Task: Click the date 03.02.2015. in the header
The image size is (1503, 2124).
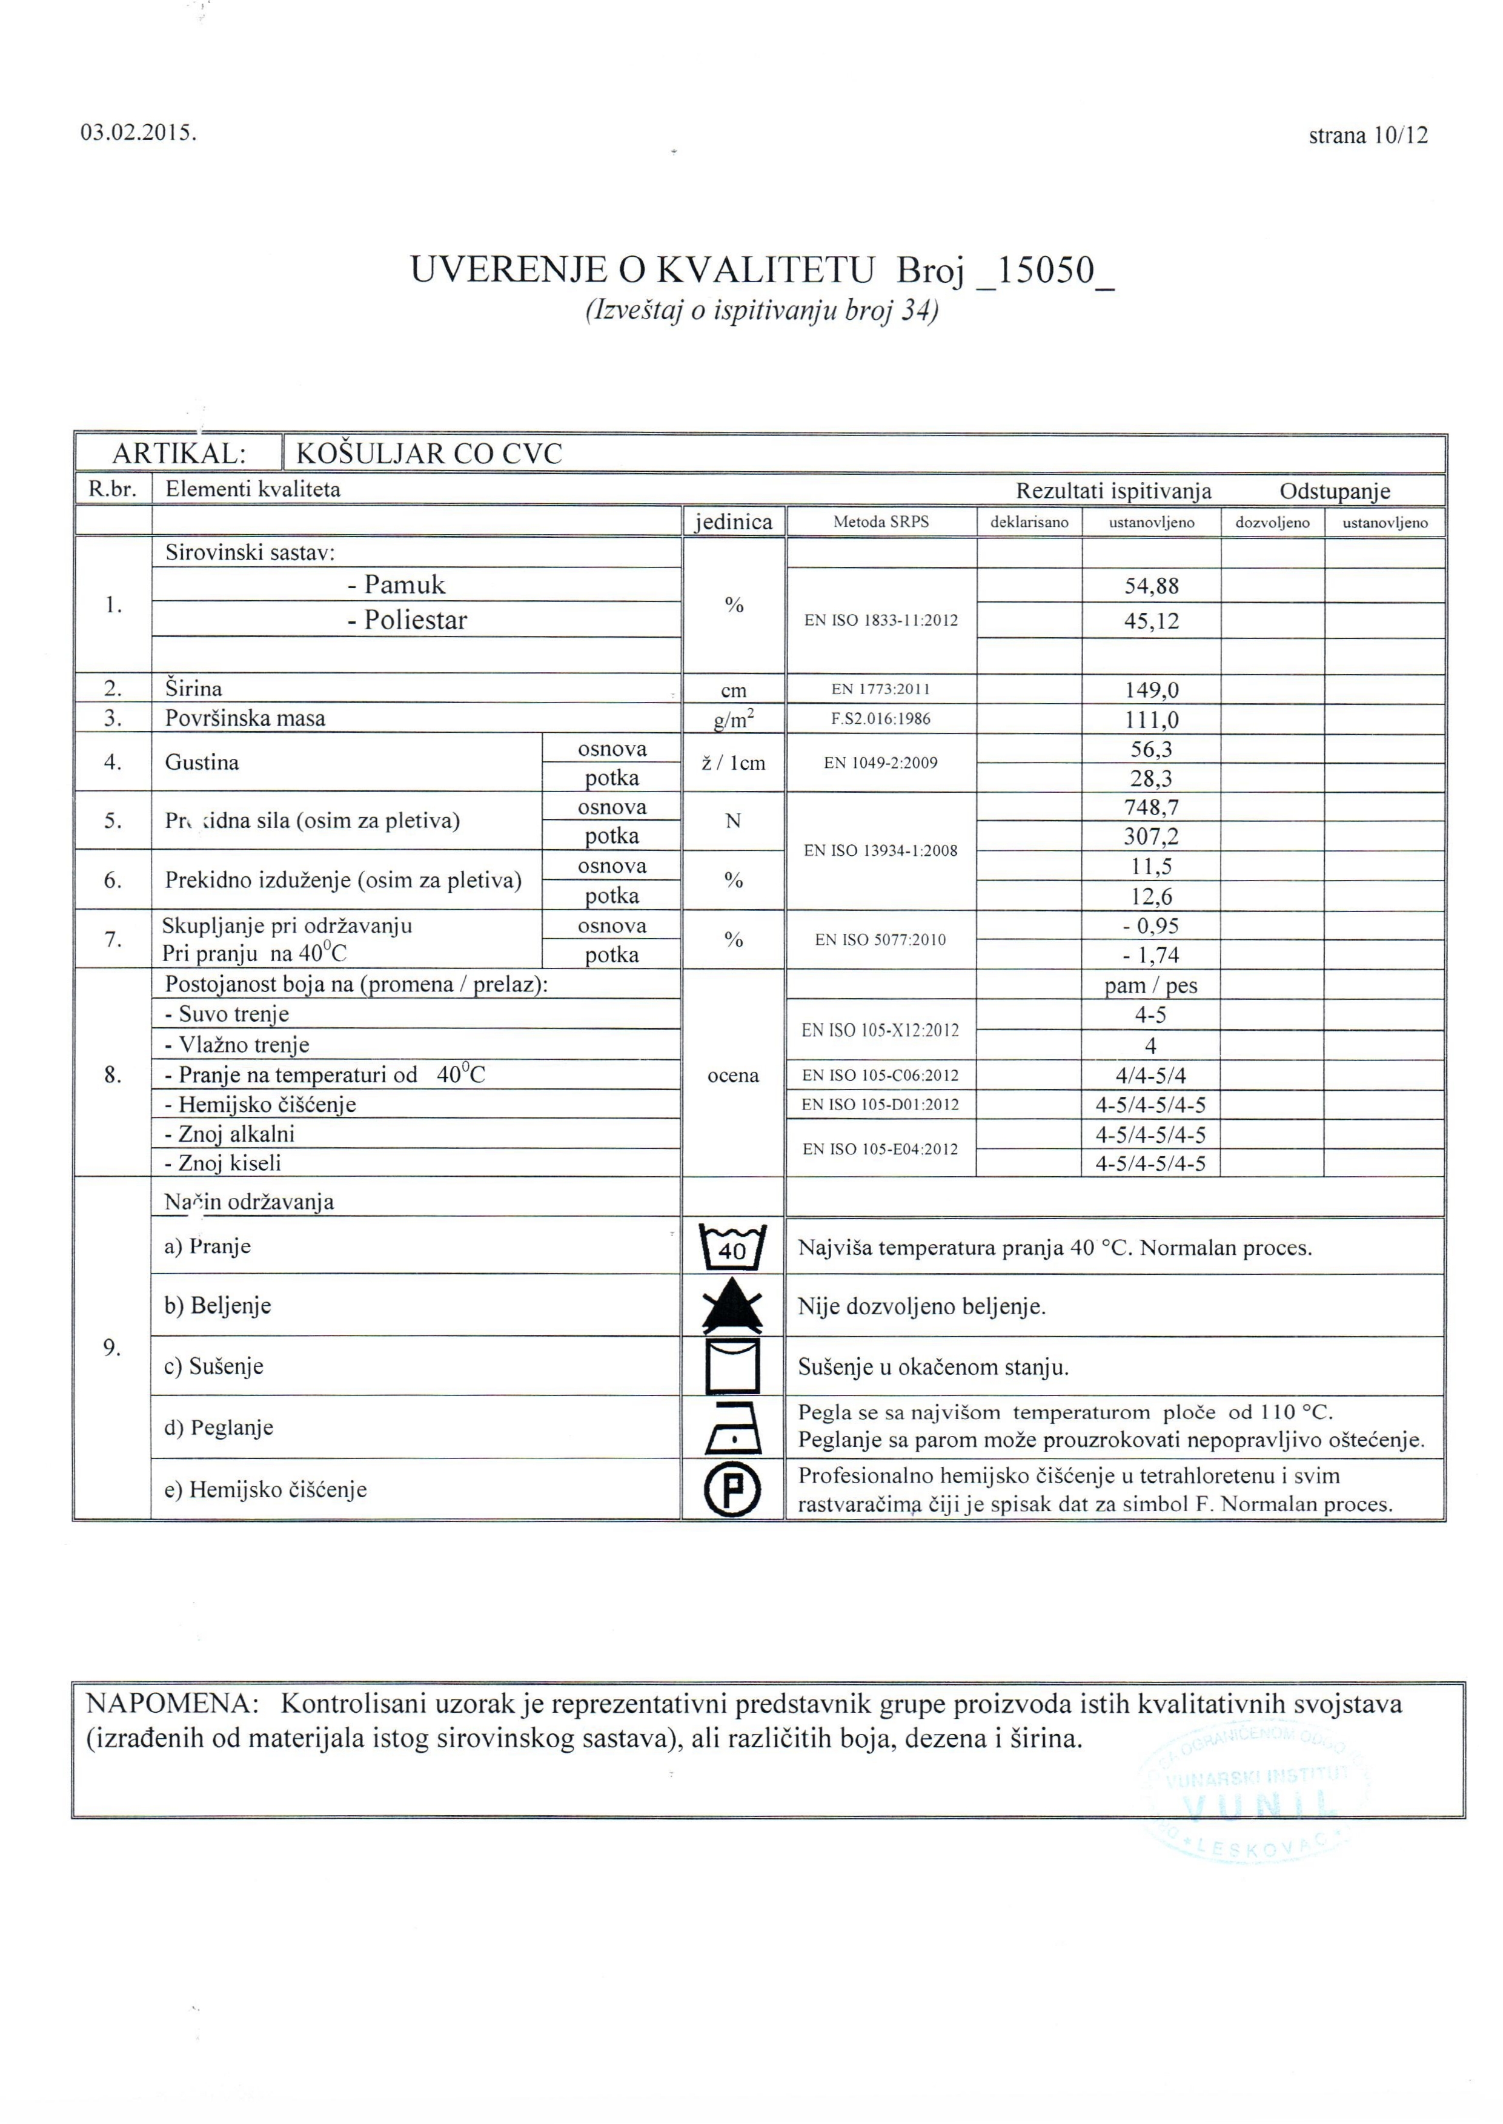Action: pos(139,132)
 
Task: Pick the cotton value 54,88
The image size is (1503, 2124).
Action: pos(1151,586)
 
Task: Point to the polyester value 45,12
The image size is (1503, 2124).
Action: pos(1151,621)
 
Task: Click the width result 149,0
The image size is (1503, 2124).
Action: pos(1151,690)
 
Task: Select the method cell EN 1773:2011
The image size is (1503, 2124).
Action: pos(880,689)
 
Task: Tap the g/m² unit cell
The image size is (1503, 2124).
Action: pos(733,720)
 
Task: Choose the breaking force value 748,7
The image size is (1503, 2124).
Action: pos(1151,807)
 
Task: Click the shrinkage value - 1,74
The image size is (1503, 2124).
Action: pos(1151,954)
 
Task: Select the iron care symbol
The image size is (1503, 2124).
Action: pos(733,1428)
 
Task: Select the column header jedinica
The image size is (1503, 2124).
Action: pos(733,521)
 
